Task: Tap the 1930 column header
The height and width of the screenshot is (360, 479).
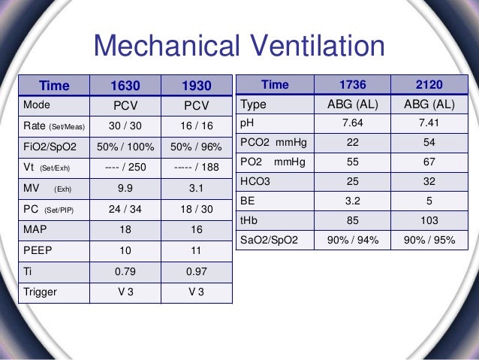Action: point(197,86)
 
